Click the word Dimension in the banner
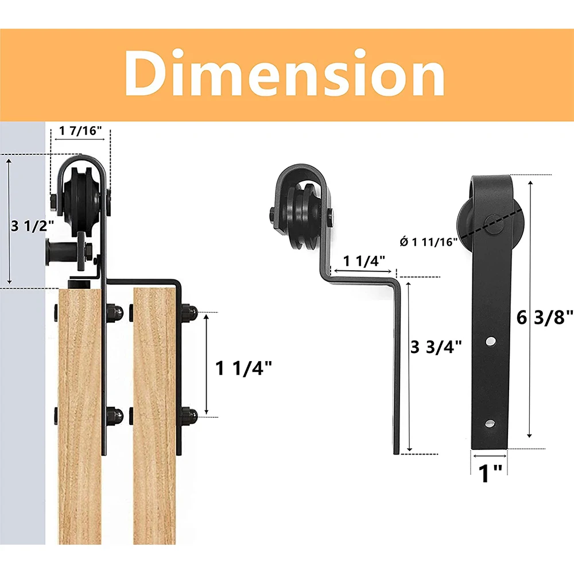[x=285, y=75]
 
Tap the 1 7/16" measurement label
[x=81, y=130]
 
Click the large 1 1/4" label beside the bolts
[x=244, y=367]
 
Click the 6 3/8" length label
[x=545, y=316]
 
